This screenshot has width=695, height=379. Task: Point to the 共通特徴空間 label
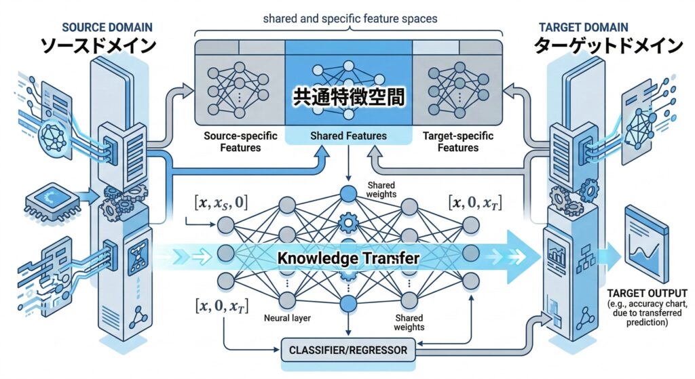pyautogui.click(x=348, y=97)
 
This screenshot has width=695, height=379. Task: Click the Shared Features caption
pyautogui.click(x=348, y=136)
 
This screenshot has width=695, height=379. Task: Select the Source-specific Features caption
pyautogui.click(x=240, y=142)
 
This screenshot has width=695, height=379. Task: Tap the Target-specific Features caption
pyautogui.click(x=457, y=142)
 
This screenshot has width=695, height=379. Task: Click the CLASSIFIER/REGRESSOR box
pyautogui.click(x=349, y=351)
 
